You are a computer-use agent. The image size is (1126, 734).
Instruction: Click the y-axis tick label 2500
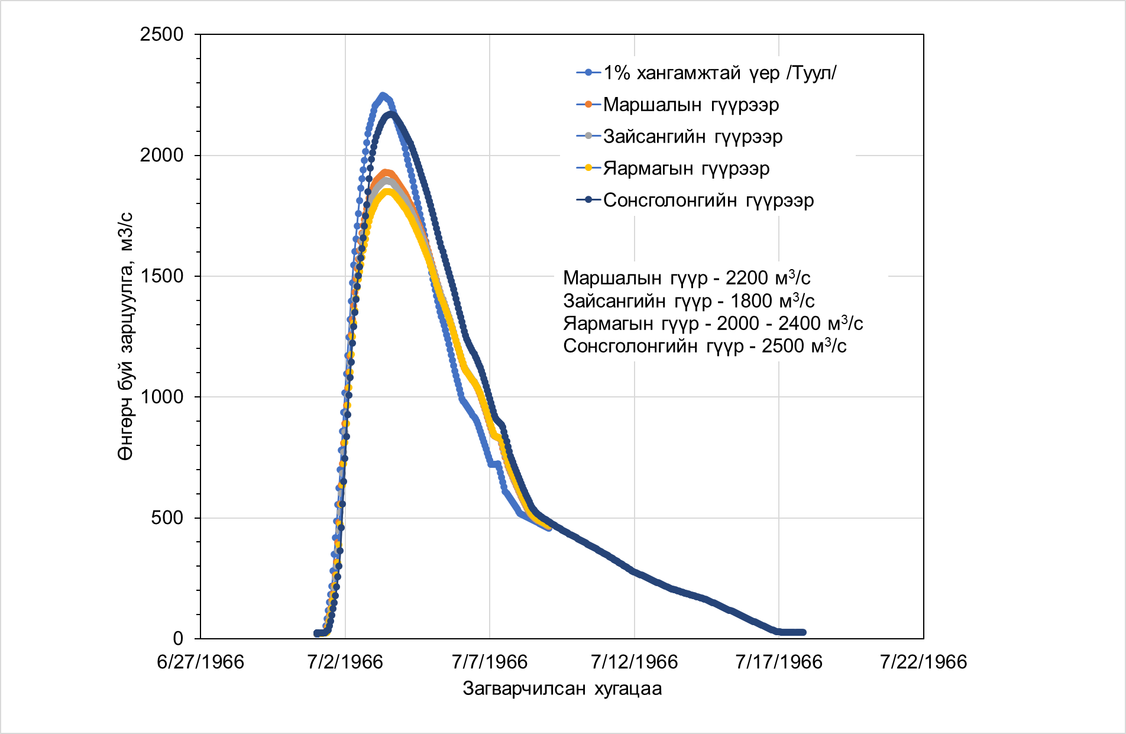point(161,34)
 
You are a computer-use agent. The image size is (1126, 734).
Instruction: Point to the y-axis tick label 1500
point(161,276)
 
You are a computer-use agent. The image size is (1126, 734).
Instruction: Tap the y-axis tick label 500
point(167,518)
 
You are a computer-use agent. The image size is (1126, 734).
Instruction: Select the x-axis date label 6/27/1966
point(200,661)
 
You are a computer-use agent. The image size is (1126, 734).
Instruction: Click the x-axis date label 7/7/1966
point(490,661)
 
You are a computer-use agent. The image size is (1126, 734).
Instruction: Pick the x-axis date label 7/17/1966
point(779,661)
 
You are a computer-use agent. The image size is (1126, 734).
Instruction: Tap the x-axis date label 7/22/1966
point(923,661)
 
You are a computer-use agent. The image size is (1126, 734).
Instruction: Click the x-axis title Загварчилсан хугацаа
point(562,689)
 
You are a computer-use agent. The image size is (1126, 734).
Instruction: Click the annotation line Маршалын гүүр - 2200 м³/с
point(687,277)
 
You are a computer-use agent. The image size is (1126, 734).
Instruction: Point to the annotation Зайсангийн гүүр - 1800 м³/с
point(688,300)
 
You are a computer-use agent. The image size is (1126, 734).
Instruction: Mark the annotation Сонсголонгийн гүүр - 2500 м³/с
point(704,345)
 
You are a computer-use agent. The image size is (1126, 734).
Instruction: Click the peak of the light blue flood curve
point(383,95)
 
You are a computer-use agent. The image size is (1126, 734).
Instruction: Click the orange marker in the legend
point(588,105)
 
